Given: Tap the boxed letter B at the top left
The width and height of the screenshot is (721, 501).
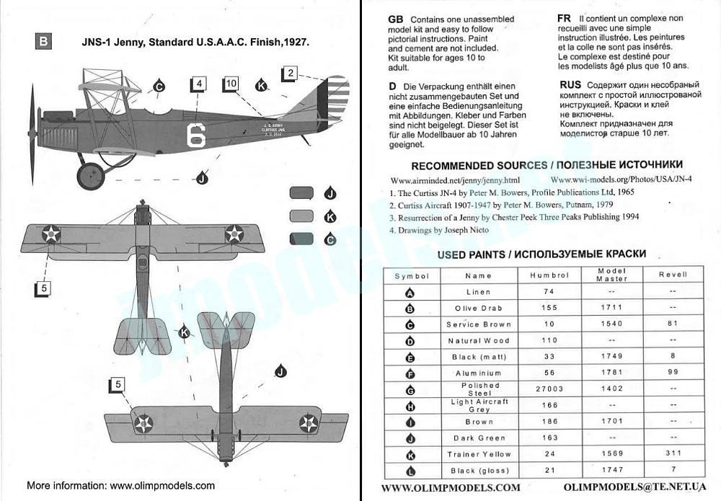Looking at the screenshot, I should (43, 42).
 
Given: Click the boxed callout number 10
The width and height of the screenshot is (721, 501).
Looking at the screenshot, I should (231, 84).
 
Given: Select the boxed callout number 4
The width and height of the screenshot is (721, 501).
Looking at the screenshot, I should (200, 84).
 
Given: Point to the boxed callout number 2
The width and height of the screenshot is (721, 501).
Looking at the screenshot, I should (290, 73).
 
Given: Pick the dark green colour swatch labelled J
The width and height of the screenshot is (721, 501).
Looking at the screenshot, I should (301, 192).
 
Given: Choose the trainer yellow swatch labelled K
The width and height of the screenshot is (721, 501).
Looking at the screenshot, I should (301, 216).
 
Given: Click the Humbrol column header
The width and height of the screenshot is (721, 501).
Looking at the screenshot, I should (549, 275).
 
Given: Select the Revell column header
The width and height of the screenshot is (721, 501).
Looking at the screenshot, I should (672, 275).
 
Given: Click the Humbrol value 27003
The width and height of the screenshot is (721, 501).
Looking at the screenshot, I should (549, 389).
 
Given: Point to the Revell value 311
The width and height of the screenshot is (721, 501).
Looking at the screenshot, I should (672, 454).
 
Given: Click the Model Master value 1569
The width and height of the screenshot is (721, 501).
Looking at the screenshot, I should (611, 454).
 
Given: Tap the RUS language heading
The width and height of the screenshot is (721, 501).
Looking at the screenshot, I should (570, 84).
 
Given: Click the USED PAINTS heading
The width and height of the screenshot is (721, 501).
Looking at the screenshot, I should (541, 254).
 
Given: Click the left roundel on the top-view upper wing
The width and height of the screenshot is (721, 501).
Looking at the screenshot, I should (51, 233).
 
